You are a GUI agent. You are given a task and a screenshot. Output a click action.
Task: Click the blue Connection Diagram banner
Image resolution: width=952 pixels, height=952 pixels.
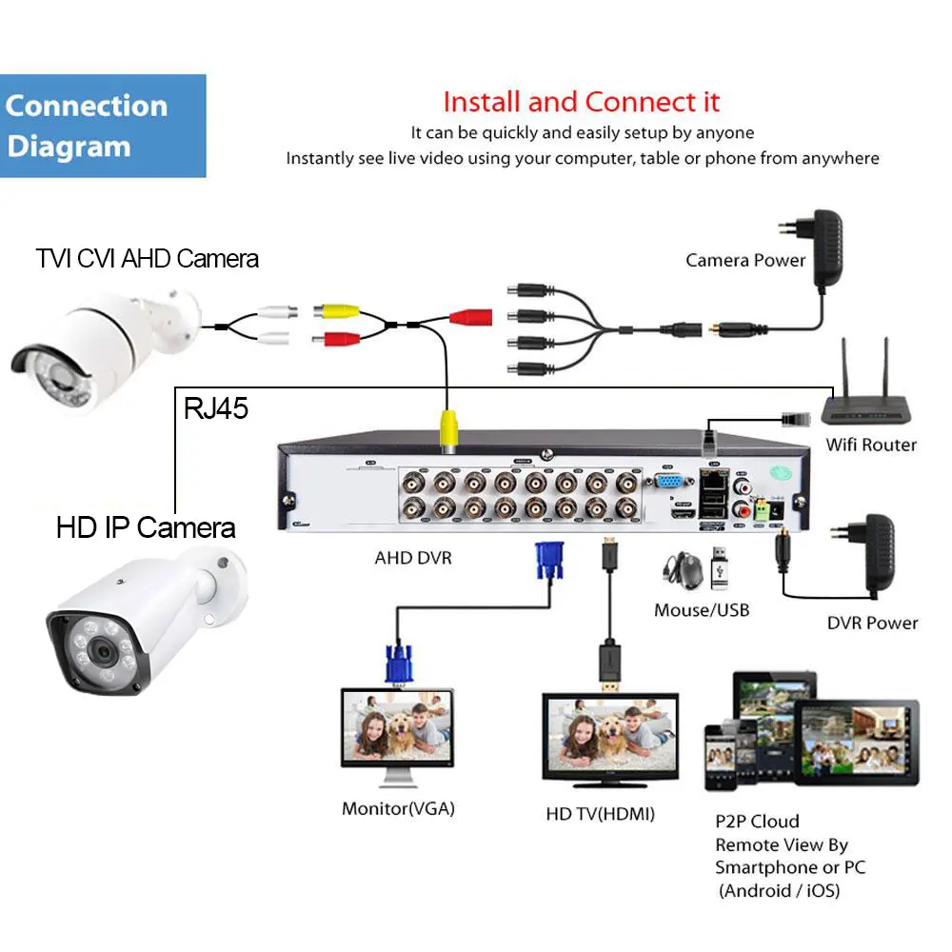[x=103, y=126]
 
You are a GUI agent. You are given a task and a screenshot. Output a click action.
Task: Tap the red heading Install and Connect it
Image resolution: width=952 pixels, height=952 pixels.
[x=581, y=102]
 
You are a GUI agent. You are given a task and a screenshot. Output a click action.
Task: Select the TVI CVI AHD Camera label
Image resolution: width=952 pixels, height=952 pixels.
[x=148, y=258]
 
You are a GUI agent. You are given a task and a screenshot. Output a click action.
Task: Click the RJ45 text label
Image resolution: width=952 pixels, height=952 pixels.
[x=216, y=409]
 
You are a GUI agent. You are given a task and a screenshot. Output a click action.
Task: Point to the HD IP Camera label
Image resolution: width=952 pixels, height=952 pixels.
[x=146, y=526]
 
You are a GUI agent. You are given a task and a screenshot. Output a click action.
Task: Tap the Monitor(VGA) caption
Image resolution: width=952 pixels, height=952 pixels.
[x=398, y=809]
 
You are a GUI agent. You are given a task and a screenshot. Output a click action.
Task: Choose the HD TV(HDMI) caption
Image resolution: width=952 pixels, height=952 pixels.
[x=600, y=814]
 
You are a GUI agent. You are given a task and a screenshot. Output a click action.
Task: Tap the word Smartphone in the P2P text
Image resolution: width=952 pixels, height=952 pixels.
[x=766, y=867]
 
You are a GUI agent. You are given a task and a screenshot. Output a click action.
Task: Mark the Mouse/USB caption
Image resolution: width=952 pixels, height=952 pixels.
[x=702, y=609]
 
